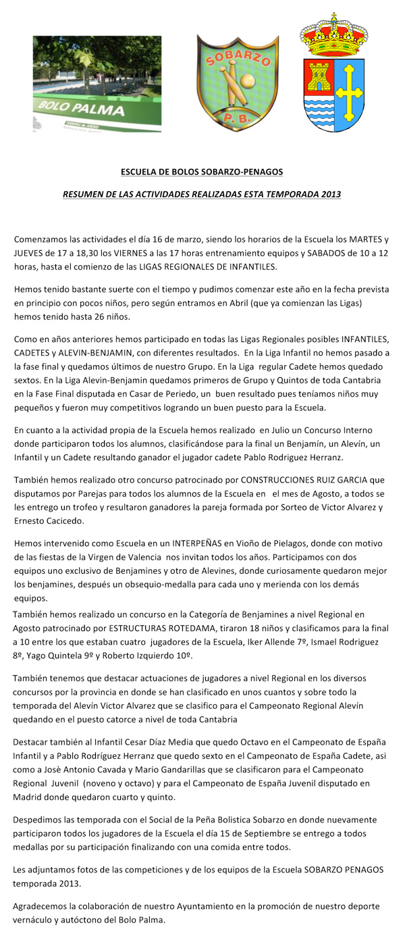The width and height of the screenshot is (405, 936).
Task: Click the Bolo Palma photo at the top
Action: tap(97, 84)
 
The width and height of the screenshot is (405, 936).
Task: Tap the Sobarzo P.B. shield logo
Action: tap(233, 82)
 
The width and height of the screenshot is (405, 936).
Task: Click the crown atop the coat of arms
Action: tap(333, 37)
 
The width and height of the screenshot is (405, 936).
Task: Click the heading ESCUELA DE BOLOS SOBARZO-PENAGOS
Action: tap(201, 172)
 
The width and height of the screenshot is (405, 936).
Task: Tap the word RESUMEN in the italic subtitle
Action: tap(83, 195)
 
